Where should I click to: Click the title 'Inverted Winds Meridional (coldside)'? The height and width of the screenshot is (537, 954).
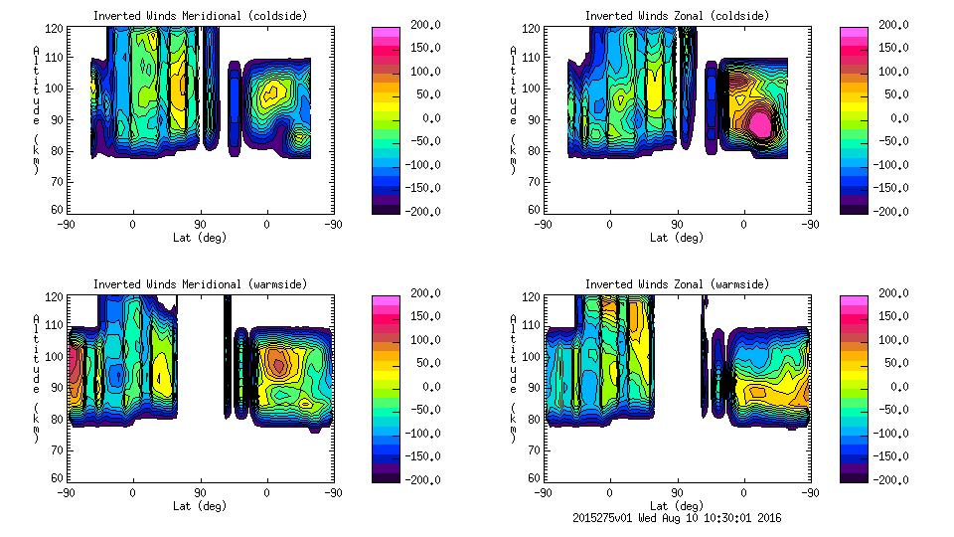click(200, 16)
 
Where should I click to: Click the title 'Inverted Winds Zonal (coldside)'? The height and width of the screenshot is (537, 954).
click(677, 16)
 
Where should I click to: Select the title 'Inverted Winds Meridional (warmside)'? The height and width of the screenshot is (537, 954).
click(200, 284)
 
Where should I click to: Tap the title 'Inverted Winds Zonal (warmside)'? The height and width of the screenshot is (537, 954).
click(677, 284)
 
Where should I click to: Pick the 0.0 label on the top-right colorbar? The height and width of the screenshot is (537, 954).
click(893, 117)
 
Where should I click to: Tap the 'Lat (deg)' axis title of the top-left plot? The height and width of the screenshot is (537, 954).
click(200, 238)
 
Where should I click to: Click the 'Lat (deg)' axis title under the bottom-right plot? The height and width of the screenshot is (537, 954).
click(677, 506)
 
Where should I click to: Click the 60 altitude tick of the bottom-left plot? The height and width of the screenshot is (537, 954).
click(59, 478)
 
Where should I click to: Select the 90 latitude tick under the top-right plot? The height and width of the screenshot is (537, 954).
click(677, 225)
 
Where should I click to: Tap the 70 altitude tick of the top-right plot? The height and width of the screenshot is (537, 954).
click(536, 180)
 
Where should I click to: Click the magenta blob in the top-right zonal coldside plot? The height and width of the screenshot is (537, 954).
click(761, 123)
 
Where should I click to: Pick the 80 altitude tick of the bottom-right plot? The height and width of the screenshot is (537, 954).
click(536, 419)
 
